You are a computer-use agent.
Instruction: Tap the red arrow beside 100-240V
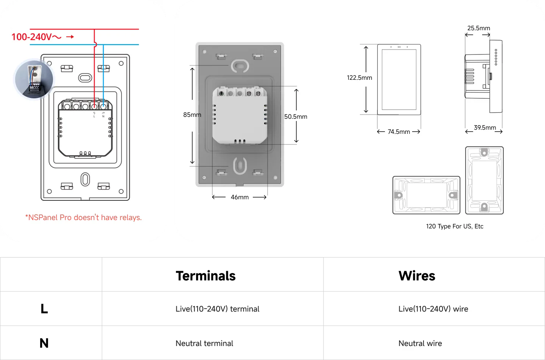click(70, 37)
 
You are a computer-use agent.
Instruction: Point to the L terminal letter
click(94, 116)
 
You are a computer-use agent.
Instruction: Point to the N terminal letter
click(103, 116)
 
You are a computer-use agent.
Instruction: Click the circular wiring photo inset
click(33, 80)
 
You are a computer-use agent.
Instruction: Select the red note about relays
click(83, 217)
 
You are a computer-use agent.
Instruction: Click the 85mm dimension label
click(192, 115)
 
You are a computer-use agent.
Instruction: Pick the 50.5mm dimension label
click(296, 116)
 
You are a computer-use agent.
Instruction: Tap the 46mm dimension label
click(240, 197)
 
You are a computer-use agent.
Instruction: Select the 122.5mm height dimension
click(359, 78)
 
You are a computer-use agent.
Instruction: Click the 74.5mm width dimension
click(399, 132)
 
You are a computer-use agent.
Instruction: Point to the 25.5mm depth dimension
click(478, 28)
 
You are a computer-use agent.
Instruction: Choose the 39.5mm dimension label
click(485, 127)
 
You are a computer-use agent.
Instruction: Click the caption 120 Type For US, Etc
click(455, 226)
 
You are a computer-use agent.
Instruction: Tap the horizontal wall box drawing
click(426, 195)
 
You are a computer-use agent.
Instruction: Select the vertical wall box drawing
click(484, 180)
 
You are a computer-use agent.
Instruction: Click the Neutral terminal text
click(204, 343)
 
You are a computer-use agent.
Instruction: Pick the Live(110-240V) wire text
click(433, 309)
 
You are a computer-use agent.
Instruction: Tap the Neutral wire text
click(419, 343)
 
